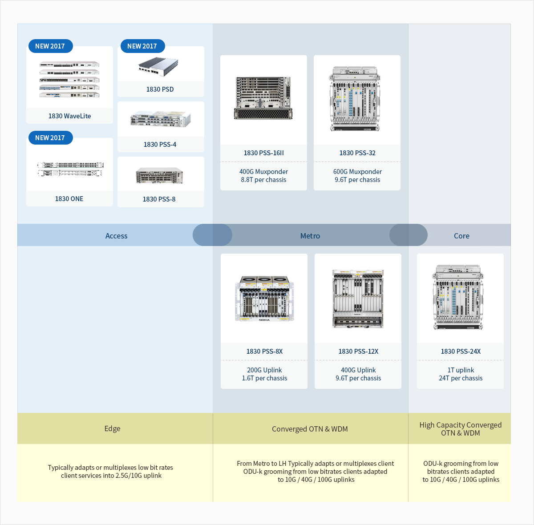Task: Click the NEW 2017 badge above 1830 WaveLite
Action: [50, 46]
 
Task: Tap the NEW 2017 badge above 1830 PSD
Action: [142, 46]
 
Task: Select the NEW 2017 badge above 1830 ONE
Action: [50, 137]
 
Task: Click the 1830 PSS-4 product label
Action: [160, 145]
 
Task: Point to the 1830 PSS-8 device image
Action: [159, 175]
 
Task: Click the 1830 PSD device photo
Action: [158, 66]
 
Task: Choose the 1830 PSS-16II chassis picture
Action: [263, 98]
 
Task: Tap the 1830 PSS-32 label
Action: [357, 153]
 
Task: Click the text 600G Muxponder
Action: [357, 172]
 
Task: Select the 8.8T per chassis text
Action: [263, 180]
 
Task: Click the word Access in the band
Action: [116, 236]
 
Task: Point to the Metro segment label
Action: [310, 236]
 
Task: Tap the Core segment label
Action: [461, 236]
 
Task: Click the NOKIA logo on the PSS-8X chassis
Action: [264, 320]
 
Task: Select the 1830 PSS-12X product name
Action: [358, 351]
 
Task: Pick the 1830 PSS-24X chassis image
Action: [458, 297]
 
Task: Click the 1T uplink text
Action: [461, 370]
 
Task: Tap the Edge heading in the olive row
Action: [112, 428]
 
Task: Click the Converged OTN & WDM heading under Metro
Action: [310, 429]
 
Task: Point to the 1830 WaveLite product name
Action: [69, 116]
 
